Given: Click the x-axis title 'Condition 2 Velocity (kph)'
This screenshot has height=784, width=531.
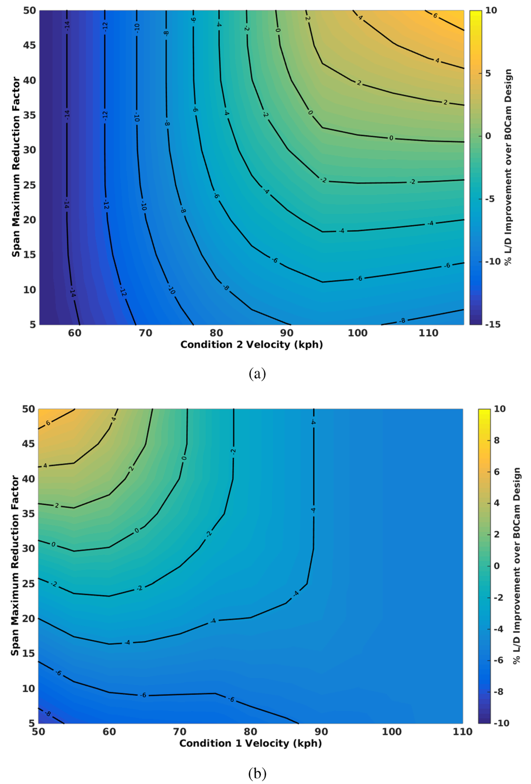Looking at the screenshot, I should pos(251,345).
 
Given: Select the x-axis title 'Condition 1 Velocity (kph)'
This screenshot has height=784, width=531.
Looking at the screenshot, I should pos(250,743).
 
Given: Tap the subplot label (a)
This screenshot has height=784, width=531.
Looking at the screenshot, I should pos(257,373).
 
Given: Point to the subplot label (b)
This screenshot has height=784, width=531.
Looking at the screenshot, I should pos(257,774).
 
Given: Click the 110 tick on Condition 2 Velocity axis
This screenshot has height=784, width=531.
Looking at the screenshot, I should pos(428,333).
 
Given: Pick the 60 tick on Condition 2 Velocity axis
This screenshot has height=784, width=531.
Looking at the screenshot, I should pos(75,333).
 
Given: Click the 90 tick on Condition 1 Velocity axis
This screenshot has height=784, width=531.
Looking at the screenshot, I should pos(321,732).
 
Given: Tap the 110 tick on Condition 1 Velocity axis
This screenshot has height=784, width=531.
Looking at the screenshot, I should pos(462,732).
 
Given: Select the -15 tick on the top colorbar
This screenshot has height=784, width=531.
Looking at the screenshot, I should pos(493,324).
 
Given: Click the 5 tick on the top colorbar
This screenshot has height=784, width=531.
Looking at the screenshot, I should pos(488,73).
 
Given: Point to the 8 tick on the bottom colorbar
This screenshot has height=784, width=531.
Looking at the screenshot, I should pos(496,441).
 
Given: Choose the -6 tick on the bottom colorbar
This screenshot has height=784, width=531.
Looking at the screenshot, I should pos(498,660).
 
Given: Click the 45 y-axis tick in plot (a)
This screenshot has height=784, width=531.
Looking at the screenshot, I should pos(30,45).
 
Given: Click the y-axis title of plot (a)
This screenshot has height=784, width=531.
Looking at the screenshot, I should pos(16,167).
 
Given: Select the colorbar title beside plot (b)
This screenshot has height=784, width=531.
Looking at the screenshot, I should pos(516,566).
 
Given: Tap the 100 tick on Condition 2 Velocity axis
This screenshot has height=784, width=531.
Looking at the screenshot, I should pos(357,333).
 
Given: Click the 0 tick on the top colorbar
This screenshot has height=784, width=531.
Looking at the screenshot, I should pos(488,136).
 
